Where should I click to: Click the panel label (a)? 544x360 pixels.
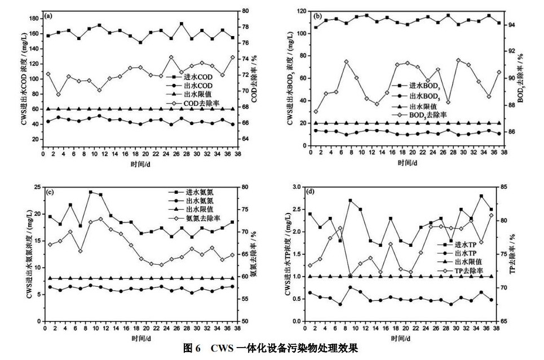(49, 16)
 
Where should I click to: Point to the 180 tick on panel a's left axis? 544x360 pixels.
(36, 19)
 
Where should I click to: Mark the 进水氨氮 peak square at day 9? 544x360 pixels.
(91, 192)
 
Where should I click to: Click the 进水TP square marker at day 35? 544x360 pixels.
(481, 196)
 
